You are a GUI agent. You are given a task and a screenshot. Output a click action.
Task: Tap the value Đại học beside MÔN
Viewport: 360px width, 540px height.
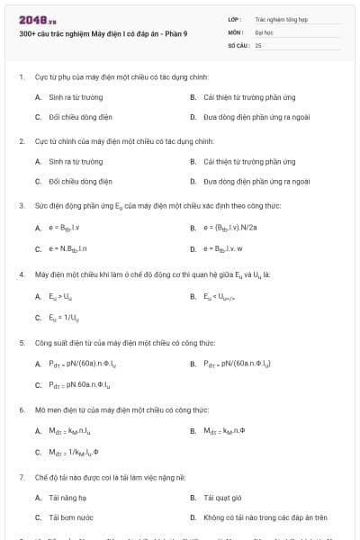tap(263, 31)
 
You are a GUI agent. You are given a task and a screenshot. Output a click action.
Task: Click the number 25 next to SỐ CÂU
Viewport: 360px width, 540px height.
tap(258, 44)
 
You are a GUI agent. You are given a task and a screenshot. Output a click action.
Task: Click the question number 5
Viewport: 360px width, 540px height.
tap(21, 343)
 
